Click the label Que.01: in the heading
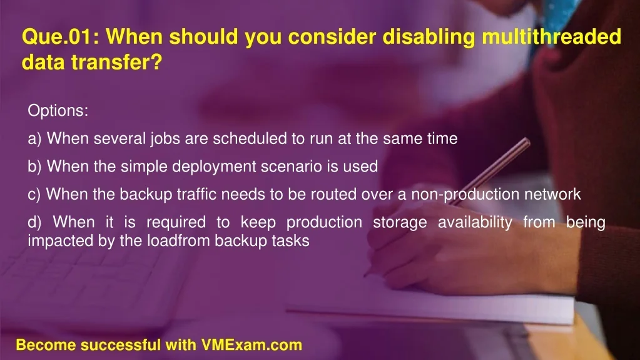coord(61,36)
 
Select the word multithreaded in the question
coord(551,36)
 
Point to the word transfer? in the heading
coord(117,62)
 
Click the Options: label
coord(58,110)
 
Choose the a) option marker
coord(34,139)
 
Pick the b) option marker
coord(34,167)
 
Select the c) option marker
coord(34,195)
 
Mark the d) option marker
coord(34,222)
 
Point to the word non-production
coord(465,195)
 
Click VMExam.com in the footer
coord(251,345)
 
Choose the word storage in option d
coord(400,223)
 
